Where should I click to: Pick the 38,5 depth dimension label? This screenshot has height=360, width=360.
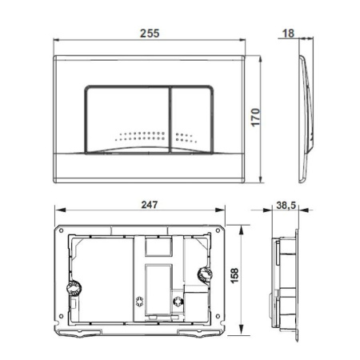point(286,206)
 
